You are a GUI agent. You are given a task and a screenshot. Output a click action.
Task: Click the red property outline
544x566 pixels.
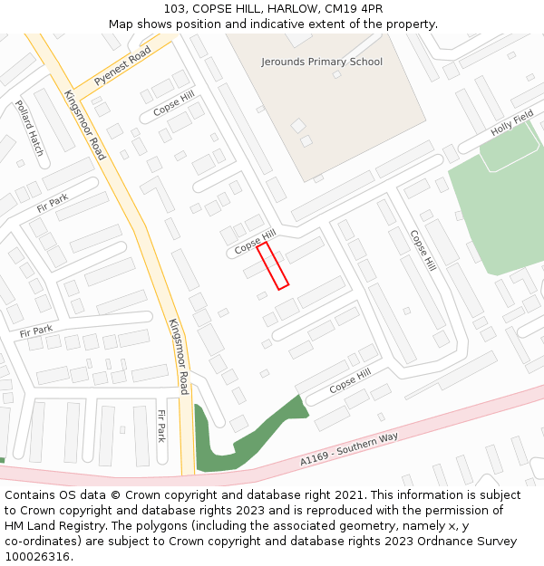point(273,265)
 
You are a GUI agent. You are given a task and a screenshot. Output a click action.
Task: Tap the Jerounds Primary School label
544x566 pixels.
point(322,62)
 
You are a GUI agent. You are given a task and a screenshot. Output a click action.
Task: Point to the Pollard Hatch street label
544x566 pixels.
point(29,128)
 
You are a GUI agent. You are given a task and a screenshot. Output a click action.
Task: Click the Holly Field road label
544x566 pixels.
point(512,124)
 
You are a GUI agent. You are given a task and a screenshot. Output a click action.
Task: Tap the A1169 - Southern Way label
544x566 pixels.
point(349,450)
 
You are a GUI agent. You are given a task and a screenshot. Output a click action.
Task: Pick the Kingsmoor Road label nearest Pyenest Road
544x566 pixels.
point(84,125)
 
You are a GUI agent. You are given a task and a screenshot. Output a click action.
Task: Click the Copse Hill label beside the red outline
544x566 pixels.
point(255,241)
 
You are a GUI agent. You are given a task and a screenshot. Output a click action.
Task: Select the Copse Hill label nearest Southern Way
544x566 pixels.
point(350,380)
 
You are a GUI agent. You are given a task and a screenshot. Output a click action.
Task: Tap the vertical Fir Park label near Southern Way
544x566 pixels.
point(161,426)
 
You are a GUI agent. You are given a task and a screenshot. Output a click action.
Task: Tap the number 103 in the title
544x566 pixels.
point(176,9)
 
